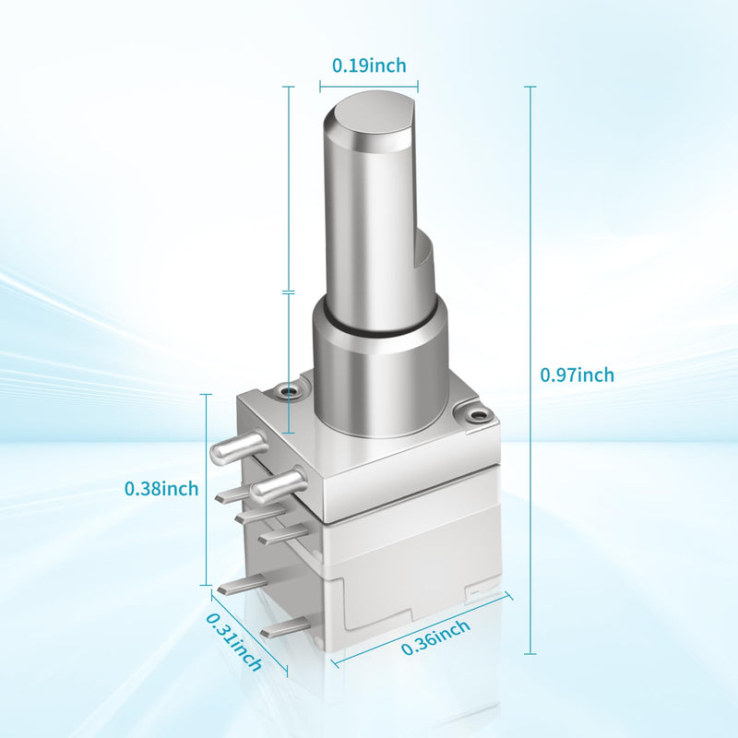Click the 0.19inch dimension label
click(369, 65)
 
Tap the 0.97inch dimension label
click(577, 375)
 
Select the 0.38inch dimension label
click(161, 489)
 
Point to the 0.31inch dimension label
click(234, 642)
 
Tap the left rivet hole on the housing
click(287, 390)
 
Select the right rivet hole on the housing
click(478, 415)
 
